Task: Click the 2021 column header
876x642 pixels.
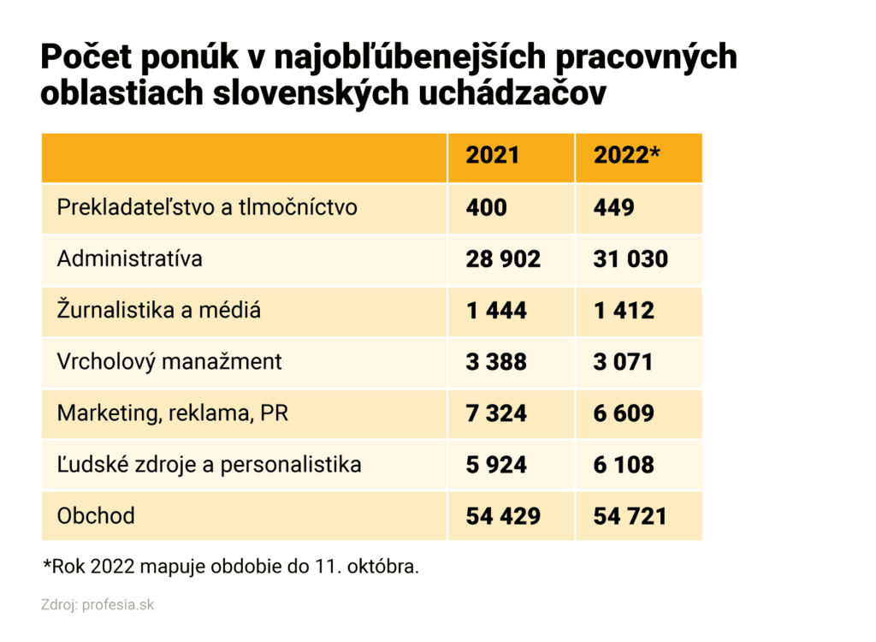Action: [492, 156]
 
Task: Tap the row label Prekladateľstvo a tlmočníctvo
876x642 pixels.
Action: [206, 207]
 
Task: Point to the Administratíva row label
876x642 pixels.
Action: [129, 259]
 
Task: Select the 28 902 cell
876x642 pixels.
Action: [503, 259]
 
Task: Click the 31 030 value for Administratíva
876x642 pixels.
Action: [630, 259]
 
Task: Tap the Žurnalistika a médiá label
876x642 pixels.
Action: [158, 310]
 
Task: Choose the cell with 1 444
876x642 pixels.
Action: [496, 310]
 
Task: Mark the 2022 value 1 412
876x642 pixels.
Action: [623, 310]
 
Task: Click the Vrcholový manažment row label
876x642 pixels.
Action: [169, 361]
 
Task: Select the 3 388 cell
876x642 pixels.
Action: [496, 361]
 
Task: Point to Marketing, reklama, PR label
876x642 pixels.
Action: [172, 413]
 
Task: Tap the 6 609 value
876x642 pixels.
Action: [623, 413]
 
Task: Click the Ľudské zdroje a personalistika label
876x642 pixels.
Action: [209, 465]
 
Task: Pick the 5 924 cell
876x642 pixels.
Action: [496, 465]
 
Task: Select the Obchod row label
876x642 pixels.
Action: [96, 515]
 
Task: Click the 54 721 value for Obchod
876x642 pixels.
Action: [630, 515]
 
